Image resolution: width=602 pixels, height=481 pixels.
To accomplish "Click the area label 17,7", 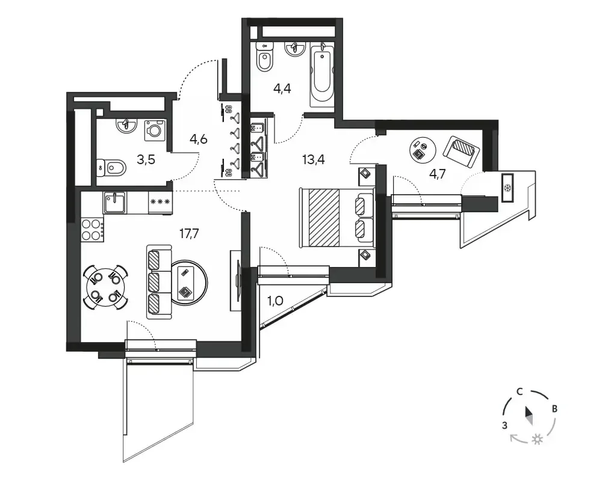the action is [x=189, y=233].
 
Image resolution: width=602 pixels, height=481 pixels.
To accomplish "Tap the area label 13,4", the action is [x=313, y=159].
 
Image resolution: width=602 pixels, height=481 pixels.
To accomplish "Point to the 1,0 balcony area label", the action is [x=275, y=301].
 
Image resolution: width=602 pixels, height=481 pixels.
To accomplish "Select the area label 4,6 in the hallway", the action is [x=199, y=139].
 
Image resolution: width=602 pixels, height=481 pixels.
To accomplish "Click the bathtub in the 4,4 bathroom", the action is [x=321, y=75].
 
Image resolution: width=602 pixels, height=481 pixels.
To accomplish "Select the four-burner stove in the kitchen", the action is [x=92, y=229].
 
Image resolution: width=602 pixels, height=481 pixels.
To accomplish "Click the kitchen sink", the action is [x=114, y=203].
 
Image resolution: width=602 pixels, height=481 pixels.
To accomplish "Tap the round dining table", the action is [x=106, y=287].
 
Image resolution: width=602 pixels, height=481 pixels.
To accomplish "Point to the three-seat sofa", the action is [x=159, y=282].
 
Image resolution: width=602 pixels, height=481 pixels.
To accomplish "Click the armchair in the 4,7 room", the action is [x=462, y=152].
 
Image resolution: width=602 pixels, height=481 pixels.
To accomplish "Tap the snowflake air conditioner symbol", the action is [x=507, y=188].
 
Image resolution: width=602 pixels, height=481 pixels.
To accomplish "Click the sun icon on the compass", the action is [x=537, y=440].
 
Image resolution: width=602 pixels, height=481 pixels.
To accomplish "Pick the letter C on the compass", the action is [x=520, y=391].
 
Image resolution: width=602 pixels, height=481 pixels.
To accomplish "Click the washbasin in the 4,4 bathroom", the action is [x=295, y=49].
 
